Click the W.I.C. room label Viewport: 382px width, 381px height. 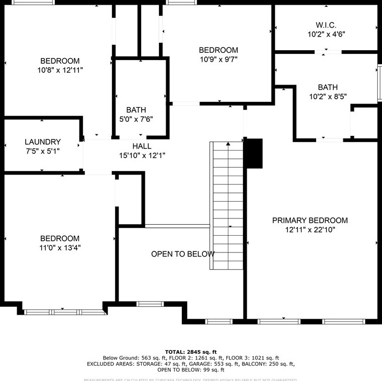point(326,25)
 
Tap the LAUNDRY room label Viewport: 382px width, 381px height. point(43,142)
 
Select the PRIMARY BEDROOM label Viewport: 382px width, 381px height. point(310,220)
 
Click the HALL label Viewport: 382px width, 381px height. point(142,146)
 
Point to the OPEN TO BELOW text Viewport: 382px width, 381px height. point(182,254)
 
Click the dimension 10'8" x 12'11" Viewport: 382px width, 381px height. point(60,70)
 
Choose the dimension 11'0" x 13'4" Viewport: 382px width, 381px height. point(60,248)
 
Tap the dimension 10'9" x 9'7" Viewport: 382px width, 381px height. point(218,59)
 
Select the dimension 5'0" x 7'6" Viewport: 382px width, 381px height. point(136,119)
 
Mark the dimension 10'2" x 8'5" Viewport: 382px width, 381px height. point(328,96)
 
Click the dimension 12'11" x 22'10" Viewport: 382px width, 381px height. point(310,229)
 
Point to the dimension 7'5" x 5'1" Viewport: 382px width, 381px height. point(43,151)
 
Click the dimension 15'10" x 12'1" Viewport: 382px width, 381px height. point(142,155)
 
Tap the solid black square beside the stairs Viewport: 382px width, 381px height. point(254,153)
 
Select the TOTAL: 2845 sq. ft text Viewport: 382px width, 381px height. point(191,352)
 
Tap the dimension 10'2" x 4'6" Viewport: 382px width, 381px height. point(326,34)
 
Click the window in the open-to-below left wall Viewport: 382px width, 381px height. point(150,303)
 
